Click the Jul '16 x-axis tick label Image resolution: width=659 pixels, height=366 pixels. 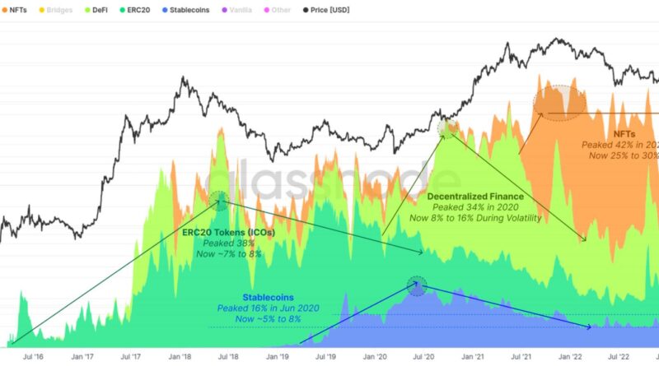[34, 358]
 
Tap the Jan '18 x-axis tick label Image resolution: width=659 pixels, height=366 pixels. [180, 358]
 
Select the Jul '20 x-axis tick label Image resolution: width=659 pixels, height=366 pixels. [424, 358]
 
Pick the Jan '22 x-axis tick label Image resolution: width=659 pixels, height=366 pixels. [571, 358]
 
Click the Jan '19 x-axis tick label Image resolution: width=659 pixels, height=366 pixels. [278, 358]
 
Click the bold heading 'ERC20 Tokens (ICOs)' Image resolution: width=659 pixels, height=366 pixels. [228, 233]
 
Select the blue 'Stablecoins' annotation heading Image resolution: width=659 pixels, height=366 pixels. [268, 297]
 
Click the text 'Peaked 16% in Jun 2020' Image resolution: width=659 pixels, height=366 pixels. [268, 308]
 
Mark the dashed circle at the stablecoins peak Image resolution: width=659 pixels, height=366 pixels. [418, 286]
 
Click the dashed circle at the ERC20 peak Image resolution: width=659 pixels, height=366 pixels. [219, 198]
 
